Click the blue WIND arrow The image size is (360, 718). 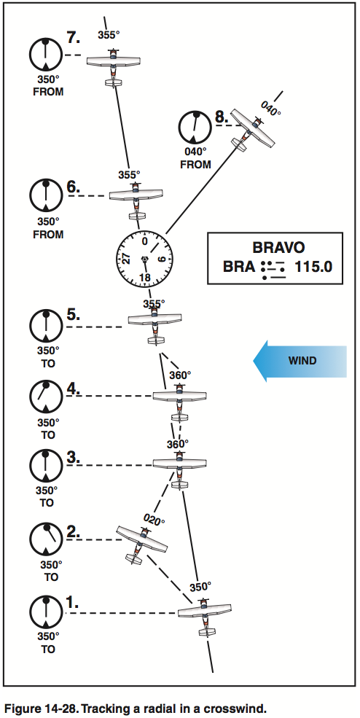(299, 360)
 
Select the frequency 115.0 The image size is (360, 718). (313, 268)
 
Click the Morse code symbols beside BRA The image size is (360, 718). (273, 268)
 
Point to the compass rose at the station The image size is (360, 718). (144, 260)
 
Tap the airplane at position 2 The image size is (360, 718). (141, 542)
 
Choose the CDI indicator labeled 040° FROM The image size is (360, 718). (195, 126)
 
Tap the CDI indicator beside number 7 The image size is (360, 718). (46, 55)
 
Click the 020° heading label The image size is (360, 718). (154, 520)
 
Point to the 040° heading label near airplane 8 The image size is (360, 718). (270, 109)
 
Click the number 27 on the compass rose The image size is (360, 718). (126, 260)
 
